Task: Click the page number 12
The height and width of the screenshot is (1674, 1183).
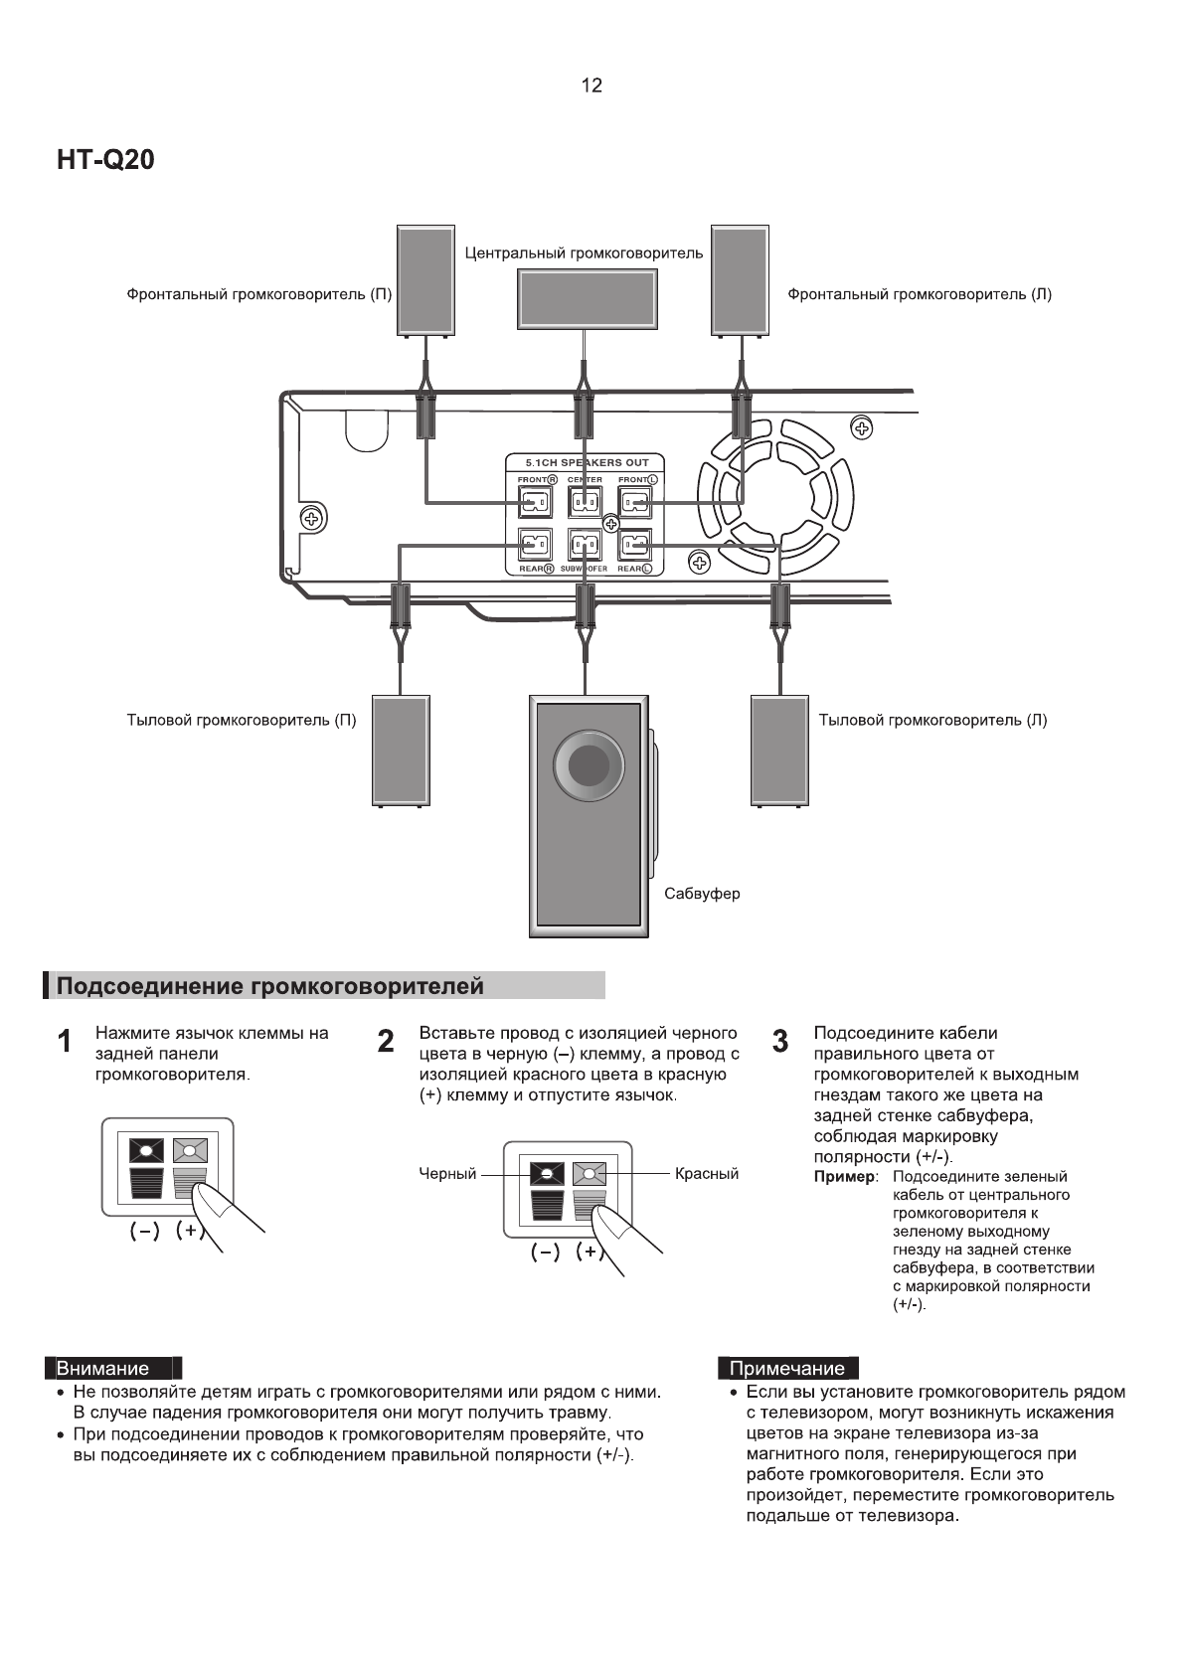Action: coord(591,85)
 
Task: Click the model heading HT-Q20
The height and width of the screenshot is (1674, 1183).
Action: coord(105,160)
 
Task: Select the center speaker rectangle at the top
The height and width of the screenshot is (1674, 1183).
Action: coord(587,298)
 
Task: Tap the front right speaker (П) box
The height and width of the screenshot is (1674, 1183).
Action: coord(425,280)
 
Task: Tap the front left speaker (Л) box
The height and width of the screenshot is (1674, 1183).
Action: coord(740,280)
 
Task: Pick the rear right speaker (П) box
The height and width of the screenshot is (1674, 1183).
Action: coord(401,750)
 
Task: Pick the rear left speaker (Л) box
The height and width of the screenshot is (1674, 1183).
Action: coord(779,750)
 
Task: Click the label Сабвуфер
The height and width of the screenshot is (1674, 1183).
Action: coord(702,894)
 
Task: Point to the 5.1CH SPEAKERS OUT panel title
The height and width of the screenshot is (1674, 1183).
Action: coord(587,462)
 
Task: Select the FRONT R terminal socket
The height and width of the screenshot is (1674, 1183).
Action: coord(535,503)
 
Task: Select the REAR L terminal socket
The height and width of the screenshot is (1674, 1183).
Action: coord(635,546)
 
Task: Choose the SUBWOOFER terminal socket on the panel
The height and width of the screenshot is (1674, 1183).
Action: coord(585,546)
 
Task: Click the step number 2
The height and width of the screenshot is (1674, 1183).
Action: coord(386,1042)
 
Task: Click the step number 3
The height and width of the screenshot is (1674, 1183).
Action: coord(780,1042)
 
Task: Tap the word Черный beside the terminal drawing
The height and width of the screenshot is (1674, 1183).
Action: coord(447,1174)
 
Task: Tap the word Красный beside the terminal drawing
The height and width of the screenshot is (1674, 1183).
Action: coord(706,1174)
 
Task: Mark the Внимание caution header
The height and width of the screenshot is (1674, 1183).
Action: coord(102,1368)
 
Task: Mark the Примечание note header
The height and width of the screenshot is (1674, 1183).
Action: coord(786,1368)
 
